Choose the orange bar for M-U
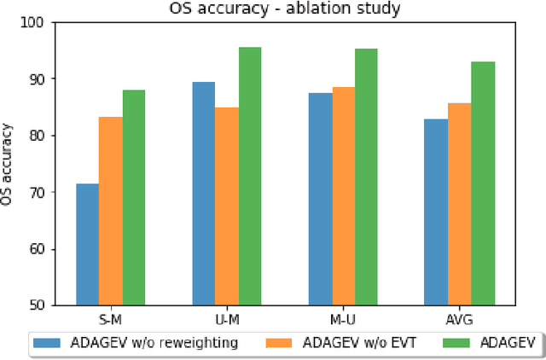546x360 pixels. [x=343, y=196]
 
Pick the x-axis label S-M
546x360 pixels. [x=111, y=320]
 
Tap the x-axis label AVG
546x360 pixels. [x=459, y=320]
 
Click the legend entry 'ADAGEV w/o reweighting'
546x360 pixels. [x=136, y=343]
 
